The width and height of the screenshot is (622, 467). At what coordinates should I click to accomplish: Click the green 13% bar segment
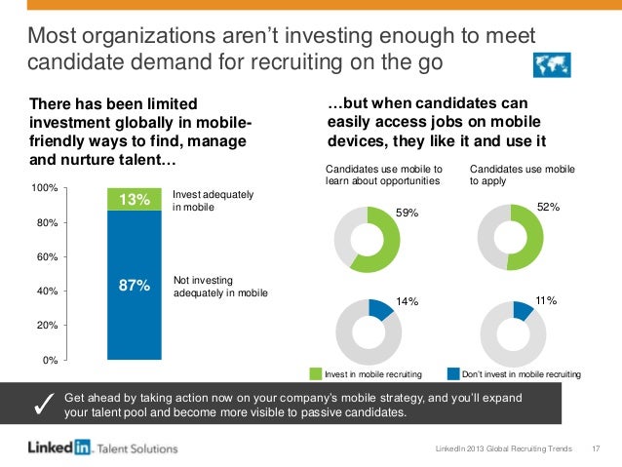tap(134, 199)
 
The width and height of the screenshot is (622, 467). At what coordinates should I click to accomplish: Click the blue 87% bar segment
tap(134, 285)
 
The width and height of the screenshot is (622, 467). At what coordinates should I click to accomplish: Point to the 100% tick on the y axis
tap(47, 186)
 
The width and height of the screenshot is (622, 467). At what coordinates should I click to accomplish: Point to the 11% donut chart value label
tap(545, 302)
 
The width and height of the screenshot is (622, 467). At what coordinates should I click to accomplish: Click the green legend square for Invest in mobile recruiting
tap(316, 373)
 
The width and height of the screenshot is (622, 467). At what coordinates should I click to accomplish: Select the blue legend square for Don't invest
tap(453, 373)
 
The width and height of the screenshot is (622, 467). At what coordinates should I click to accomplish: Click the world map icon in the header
tap(554, 64)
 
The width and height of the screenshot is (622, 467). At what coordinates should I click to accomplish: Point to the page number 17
tap(596, 448)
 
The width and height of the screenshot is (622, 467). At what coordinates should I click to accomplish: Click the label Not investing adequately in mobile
tap(219, 287)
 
